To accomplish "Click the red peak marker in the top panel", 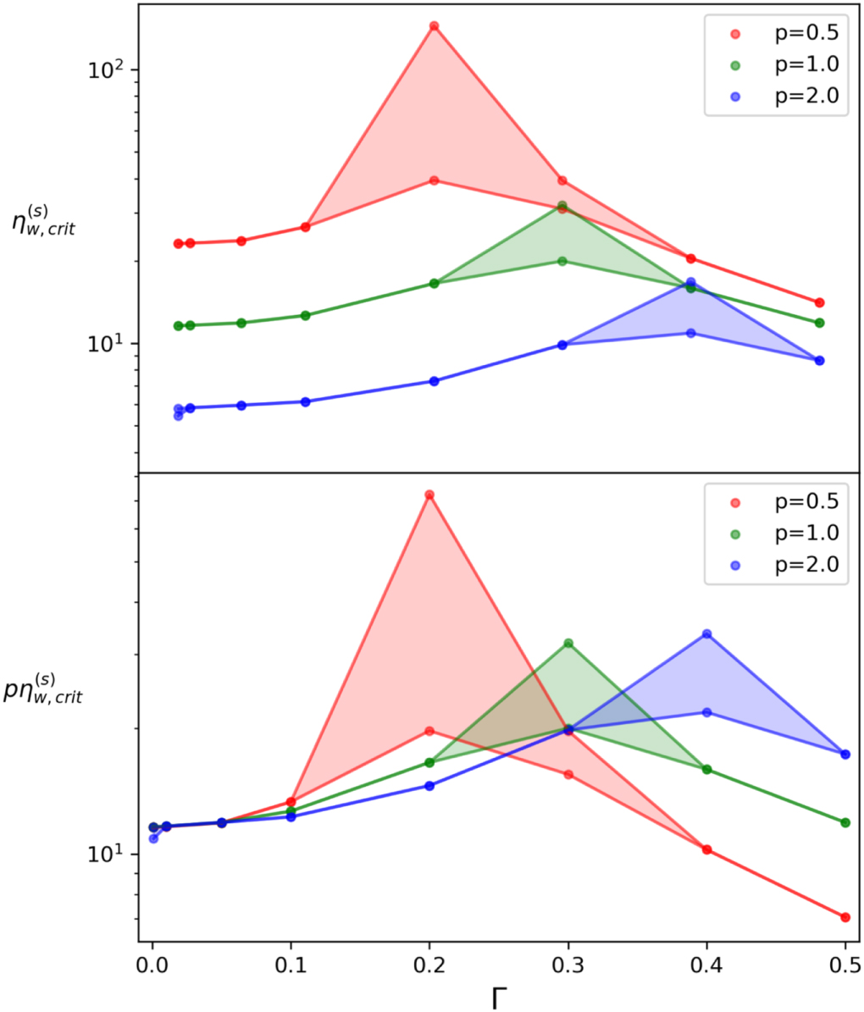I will (x=434, y=26).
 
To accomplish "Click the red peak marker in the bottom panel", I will (x=429, y=495).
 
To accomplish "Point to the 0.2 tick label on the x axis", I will (x=429, y=965).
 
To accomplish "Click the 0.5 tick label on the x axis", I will (x=845, y=965).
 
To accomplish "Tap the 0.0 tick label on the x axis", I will (x=152, y=965).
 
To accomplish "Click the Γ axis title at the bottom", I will (x=499, y=998).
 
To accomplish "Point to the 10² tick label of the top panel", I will (x=107, y=69).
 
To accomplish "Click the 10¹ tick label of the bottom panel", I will (x=107, y=853).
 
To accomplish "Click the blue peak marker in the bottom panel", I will (x=706, y=634).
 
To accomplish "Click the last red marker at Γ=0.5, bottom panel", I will (x=845, y=917).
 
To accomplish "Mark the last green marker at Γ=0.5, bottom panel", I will (x=845, y=822).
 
